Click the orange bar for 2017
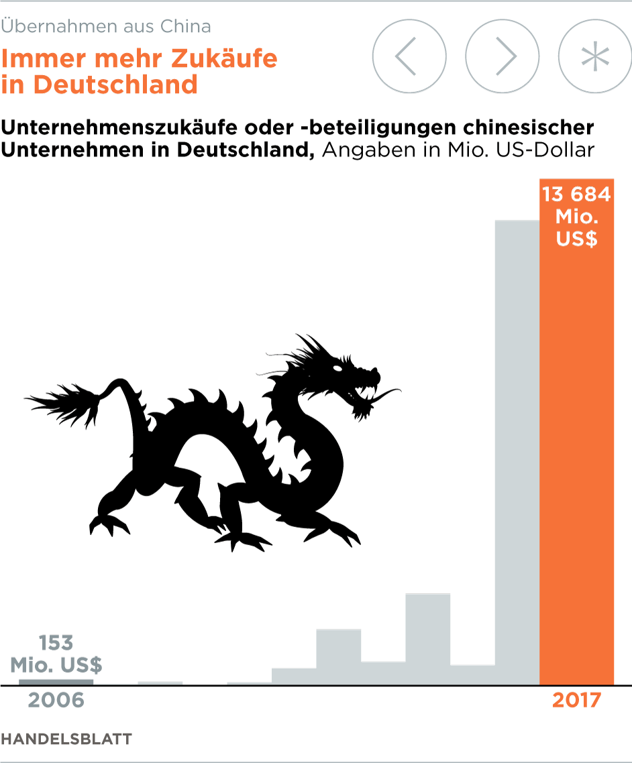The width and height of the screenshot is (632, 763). (577, 469)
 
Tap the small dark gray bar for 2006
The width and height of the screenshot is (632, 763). (56, 682)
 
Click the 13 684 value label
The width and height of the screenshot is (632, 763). (576, 194)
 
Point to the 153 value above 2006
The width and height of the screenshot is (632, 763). (56, 643)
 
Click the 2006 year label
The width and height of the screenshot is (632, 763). (56, 701)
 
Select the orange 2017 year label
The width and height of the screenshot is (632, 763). (576, 701)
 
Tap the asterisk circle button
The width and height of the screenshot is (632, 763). (594, 56)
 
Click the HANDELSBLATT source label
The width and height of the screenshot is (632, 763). (66, 739)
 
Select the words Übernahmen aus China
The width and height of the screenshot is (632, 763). (106, 27)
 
